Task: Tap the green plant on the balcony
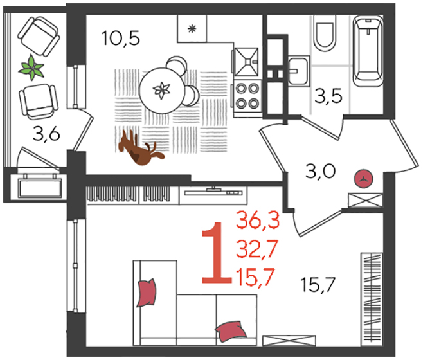click(x=32, y=67)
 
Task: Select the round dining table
click(x=162, y=90)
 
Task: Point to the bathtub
click(x=368, y=51)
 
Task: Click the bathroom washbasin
click(x=299, y=71)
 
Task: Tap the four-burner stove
click(x=247, y=96)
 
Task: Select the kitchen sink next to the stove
click(x=246, y=62)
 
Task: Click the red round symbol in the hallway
click(x=363, y=178)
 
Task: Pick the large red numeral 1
click(x=217, y=253)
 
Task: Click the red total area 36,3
click(x=258, y=220)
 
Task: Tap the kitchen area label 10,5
click(x=121, y=39)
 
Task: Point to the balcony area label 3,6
click(x=46, y=134)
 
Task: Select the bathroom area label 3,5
click(x=328, y=96)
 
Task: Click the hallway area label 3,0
click(x=320, y=171)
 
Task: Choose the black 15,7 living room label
click(x=318, y=284)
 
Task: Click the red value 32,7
click(x=257, y=249)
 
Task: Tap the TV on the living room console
click(x=213, y=192)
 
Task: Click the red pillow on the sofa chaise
click(x=147, y=292)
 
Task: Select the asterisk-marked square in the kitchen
click(x=192, y=28)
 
